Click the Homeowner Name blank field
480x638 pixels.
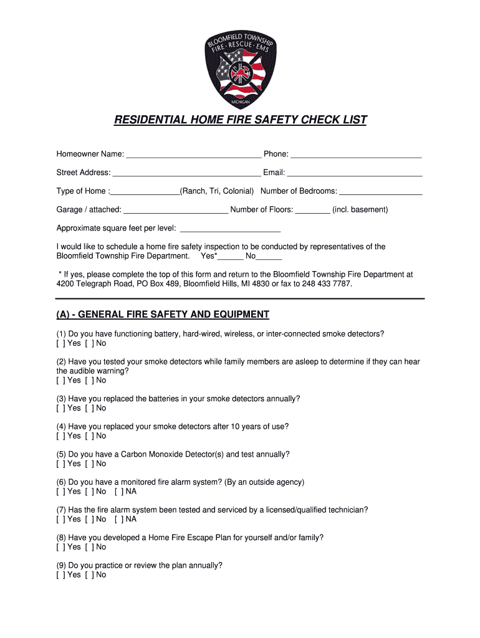coord(193,155)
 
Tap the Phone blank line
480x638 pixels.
coord(356,155)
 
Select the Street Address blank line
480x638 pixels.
coord(186,173)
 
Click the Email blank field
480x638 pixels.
coord(354,173)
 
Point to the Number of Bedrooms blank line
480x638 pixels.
coord(380,191)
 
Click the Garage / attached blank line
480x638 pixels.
coord(176,210)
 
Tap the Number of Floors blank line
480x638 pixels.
coord(312,210)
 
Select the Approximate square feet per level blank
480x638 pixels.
coord(229,229)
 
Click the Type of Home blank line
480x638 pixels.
coord(145,191)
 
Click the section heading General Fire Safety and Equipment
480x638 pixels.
coord(163,315)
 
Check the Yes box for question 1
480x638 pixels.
coord(60,343)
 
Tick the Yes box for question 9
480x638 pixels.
coord(60,574)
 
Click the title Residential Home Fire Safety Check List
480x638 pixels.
coord(240,120)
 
